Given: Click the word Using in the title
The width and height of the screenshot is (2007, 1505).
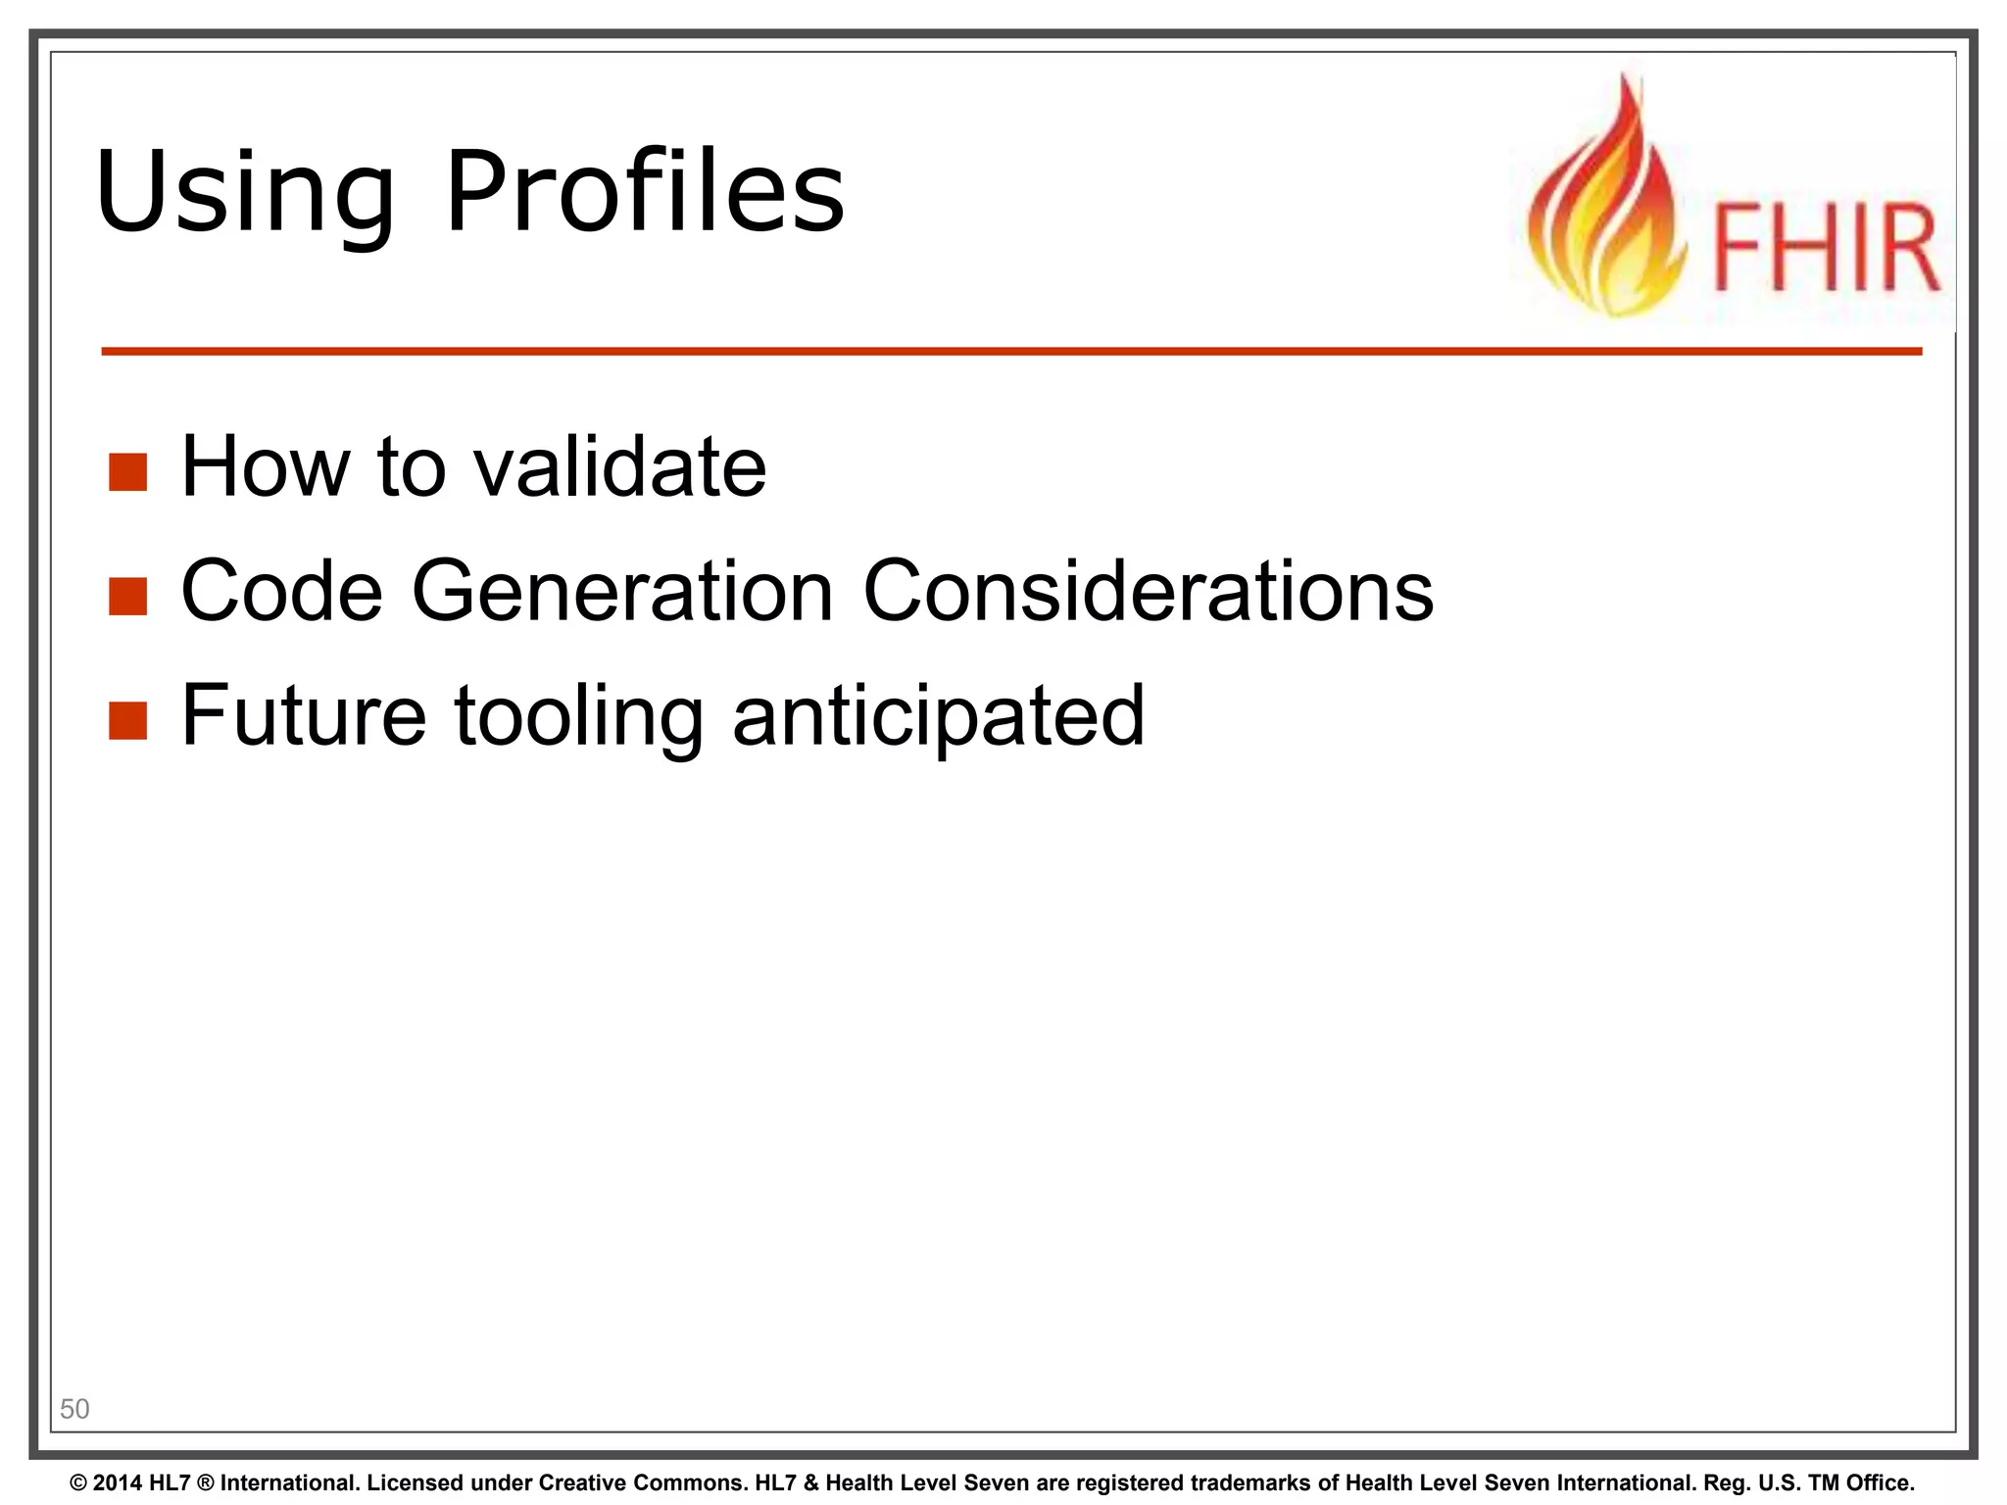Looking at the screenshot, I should point(245,192).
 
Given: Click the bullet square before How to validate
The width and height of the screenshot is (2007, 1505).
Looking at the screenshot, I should point(127,471).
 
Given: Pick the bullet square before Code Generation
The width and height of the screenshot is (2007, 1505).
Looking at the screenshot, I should point(127,596).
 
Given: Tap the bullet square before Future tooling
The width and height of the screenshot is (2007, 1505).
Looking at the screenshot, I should point(127,720).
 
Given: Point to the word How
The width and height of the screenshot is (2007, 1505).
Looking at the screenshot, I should point(266,466).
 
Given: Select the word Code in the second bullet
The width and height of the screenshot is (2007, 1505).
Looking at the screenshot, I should point(282,591).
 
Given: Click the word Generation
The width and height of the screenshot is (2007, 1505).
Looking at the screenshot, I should point(622,591).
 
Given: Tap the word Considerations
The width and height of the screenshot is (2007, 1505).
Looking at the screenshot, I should point(1148,591).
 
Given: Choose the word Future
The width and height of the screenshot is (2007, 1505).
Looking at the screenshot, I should point(304,715).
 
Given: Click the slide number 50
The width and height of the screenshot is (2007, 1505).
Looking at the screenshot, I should point(74,1409).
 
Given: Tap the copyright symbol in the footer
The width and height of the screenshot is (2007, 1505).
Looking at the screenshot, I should point(78,1483).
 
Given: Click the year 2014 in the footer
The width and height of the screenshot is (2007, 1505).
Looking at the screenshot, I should point(119,1483).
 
